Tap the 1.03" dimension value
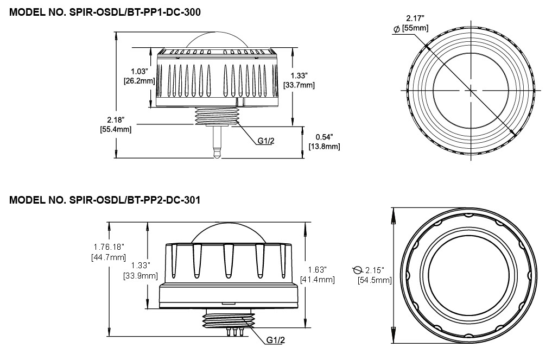click(x=141, y=71)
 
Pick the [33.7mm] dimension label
click(x=299, y=85)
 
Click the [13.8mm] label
click(x=324, y=147)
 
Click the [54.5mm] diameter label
click(x=375, y=280)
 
